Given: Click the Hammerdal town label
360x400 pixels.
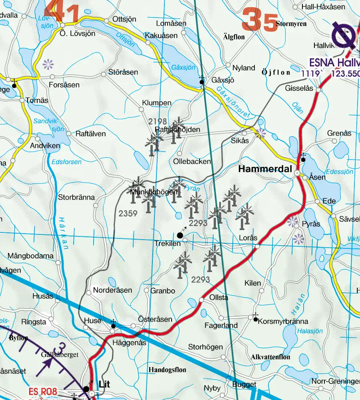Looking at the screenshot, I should (265, 169).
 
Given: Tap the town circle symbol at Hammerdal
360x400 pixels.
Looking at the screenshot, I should (297, 173).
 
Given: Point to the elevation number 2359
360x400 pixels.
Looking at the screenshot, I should (128, 214).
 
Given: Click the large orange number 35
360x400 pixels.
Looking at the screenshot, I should (260, 20).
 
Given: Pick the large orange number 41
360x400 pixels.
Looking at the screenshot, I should (62, 11).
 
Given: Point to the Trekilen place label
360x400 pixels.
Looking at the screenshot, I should (168, 243).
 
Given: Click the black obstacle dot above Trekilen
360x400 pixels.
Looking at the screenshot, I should (180, 235).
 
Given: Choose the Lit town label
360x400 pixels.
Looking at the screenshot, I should (104, 384).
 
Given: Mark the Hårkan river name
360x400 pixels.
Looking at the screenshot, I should (62, 233).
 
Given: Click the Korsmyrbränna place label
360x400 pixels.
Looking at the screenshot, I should (283, 321).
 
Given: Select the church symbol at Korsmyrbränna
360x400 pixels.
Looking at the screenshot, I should (255, 318).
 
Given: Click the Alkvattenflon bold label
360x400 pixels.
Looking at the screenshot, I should (270, 357).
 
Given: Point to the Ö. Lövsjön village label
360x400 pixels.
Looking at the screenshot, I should (77, 33).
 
